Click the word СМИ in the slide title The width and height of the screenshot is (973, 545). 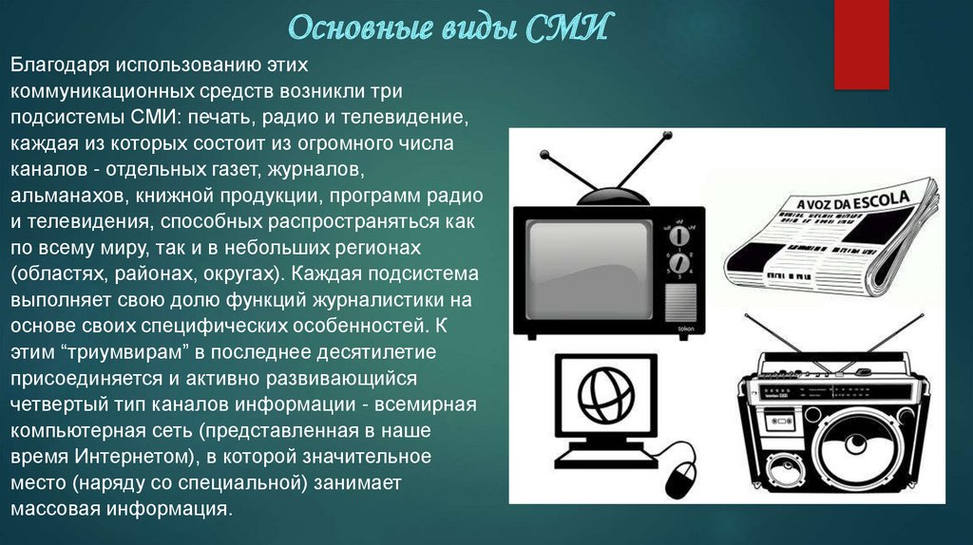tap(567, 28)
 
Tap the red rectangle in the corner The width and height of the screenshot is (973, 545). tap(861, 44)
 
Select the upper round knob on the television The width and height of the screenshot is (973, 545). tap(679, 236)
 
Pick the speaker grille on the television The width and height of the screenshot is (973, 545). tap(680, 303)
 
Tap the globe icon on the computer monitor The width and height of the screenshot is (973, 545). tap(605, 394)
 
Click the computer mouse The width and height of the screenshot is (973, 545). tap(680, 479)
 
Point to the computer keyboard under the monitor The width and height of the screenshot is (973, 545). tap(604, 460)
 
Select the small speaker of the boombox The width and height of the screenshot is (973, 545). tap(786, 471)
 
